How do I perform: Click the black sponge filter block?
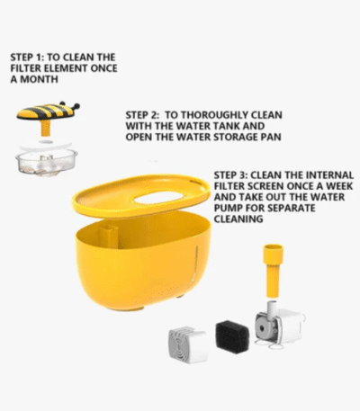pyautogui.click(x=232, y=337)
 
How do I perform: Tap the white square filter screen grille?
pyautogui.click(x=188, y=345)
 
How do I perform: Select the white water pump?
pyautogui.click(x=280, y=326)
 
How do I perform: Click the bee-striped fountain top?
pyautogui.click(x=48, y=112)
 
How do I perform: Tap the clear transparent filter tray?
pyautogui.click(x=47, y=162)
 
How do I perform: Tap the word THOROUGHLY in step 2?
pyautogui.click(x=214, y=115)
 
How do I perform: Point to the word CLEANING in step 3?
pyautogui.click(x=238, y=219)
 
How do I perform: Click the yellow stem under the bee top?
pyautogui.click(x=46, y=128)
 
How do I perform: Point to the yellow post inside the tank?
pyautogui.click(x=109, y=236)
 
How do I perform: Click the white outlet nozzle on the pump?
pyautogui.click(x=272, y=308)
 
